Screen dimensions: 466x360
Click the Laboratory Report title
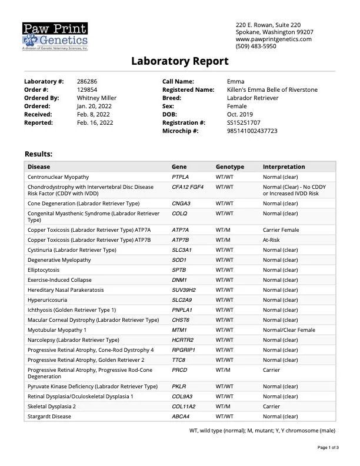(x=179, y=61)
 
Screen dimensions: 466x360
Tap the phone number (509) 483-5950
(x=255, y=46)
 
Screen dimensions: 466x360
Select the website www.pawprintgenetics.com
(x=274, y=39)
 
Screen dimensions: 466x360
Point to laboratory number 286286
(x=87, y=81)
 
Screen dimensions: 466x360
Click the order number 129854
(x=87, y=89)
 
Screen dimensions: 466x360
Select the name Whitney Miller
(x=96, y=98)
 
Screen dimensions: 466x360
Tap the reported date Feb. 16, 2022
(x=94, y=122)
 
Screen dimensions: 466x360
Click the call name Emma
(x=235, y=81)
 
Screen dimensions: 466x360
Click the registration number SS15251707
(x=244, y=122)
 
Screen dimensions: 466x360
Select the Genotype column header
(x=229, y=167)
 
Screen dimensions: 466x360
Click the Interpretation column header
(x=284, y=167)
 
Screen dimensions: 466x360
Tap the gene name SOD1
(x=179, y=259)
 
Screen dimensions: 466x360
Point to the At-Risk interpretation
(x=273, y=239)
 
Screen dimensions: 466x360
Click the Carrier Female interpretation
(x=281, y=229)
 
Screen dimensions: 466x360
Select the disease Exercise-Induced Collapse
(x=59, y=279)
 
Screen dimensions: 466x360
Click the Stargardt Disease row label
(x=49, y=416)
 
